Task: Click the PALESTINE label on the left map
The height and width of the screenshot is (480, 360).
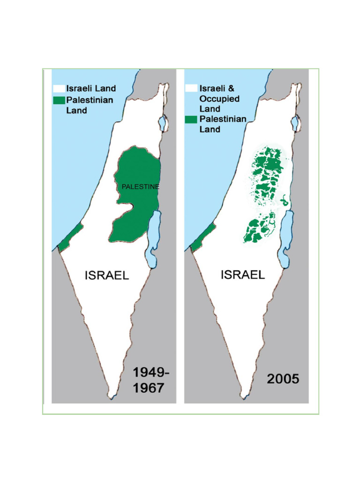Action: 140,187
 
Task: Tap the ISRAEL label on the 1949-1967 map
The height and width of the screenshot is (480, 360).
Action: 106,275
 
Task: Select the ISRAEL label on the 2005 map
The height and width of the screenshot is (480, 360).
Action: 242,275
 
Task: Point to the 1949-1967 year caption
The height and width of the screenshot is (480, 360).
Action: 149,380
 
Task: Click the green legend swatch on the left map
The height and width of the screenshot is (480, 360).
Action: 59,100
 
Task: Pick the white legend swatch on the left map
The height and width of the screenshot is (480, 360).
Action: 59,89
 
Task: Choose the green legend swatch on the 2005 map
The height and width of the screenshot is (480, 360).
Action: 191,120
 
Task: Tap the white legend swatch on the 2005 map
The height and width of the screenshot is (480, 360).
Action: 191,88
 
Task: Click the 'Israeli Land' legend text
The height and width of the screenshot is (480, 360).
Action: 91,89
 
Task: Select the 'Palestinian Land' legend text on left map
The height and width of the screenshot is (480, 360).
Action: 90,105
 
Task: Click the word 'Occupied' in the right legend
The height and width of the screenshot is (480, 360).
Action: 219,99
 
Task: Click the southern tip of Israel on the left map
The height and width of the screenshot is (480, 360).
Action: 111,397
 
